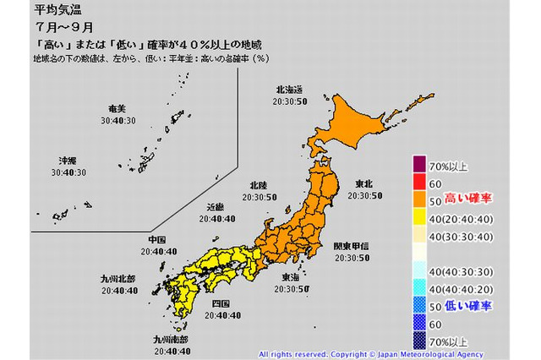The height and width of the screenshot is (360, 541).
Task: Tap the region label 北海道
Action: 289,89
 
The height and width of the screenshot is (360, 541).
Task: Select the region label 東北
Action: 366,185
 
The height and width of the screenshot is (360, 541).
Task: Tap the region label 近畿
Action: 216,207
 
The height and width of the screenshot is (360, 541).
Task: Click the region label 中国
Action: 158,239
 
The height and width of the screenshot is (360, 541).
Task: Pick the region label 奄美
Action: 117,110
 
